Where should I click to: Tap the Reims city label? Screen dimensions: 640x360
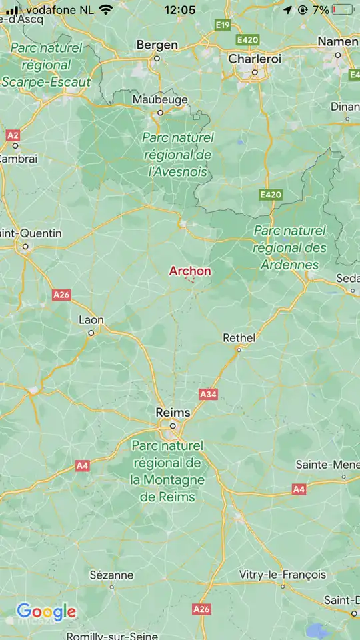tap(173, 413)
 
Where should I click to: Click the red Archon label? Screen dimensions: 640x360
tap(190, 271)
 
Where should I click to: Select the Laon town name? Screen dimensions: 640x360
tap(91, 320)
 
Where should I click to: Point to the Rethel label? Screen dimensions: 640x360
tap(239, 338)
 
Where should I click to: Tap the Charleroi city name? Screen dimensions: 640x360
tap(255, 59)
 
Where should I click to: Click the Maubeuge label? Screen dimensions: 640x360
tap(160, 99)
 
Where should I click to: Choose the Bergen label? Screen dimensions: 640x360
tap(157, 45)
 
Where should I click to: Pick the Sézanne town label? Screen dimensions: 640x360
tap(111, 575)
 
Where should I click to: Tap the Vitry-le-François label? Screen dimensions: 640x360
tap(283, 574)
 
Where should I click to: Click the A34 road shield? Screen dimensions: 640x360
tap(208, 395)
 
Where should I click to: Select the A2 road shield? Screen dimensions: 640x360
tap(13, 135)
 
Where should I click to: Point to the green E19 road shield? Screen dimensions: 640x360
tap(223, 25)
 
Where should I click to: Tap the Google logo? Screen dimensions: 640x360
tap(46, 611)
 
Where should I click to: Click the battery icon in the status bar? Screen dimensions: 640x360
tap(342, 10)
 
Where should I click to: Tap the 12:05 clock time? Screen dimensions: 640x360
tap(179, 10)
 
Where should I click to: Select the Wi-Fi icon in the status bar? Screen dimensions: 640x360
tap(105, 10)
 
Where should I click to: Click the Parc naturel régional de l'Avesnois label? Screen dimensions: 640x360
tap(177, 155)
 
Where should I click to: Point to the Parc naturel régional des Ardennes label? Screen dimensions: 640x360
tap(290, 247)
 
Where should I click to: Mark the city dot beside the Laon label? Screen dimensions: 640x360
tap(91, 333)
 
